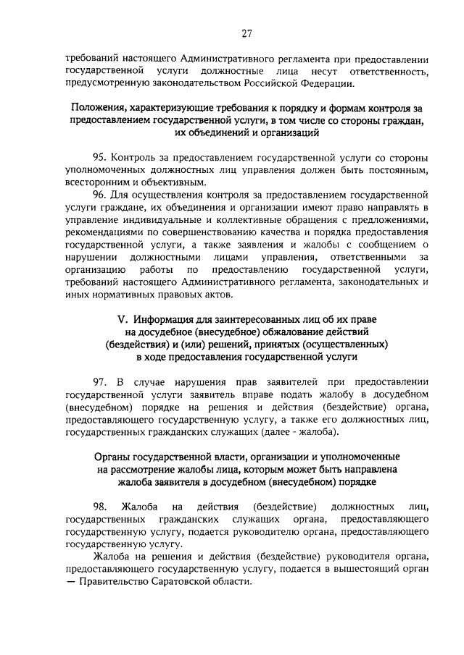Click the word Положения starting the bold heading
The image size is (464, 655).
[x=99, y=108]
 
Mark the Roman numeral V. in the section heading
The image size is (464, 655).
[x=122, y=320]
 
